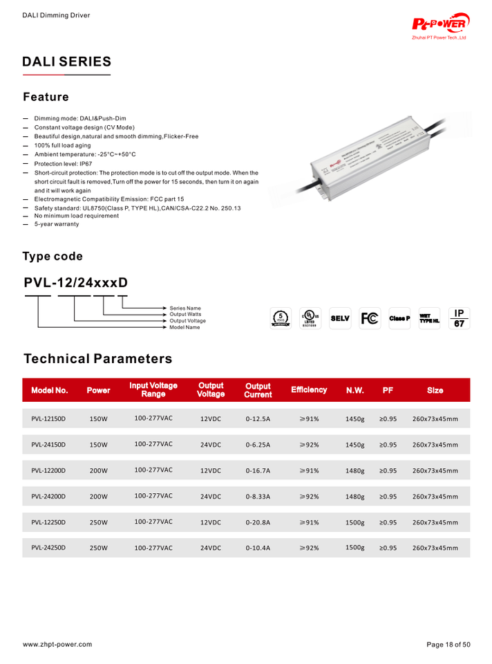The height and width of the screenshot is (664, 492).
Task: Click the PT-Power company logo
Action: pyautogui.click(x=442, y=27)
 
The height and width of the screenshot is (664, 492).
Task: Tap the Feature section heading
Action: pyautogui.click(x=46, y=96)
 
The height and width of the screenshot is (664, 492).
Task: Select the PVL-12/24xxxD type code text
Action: pyautogui.click(x=75, y=283)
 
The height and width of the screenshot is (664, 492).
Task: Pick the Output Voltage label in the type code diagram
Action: pyautogui.click(x=188, y=321)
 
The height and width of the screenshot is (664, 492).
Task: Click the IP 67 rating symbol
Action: pyautogui.click(x=458, y=317)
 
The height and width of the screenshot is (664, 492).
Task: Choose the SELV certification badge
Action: pyautogui.click(x=340, y=318)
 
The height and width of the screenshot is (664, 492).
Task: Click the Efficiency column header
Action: pyautogui.click(x=309, y=390)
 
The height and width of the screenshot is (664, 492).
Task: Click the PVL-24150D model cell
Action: pyautogui.click(x=48, y=445)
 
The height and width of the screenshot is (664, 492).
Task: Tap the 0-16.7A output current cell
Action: pyautogui.click(x=257, y=471)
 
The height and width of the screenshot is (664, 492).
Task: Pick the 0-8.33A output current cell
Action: pyautogui.click(x=257, y=497)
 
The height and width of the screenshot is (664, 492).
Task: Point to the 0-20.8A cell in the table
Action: pyautogui.click(x=257, y=522)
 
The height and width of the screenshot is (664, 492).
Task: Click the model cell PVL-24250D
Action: pyautogui.click(x=48, y=548)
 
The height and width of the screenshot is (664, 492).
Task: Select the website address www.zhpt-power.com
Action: pyautogui.click(x=57, y=645)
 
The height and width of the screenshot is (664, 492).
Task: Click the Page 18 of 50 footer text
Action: pyautogui.click(x=448, y=645)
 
